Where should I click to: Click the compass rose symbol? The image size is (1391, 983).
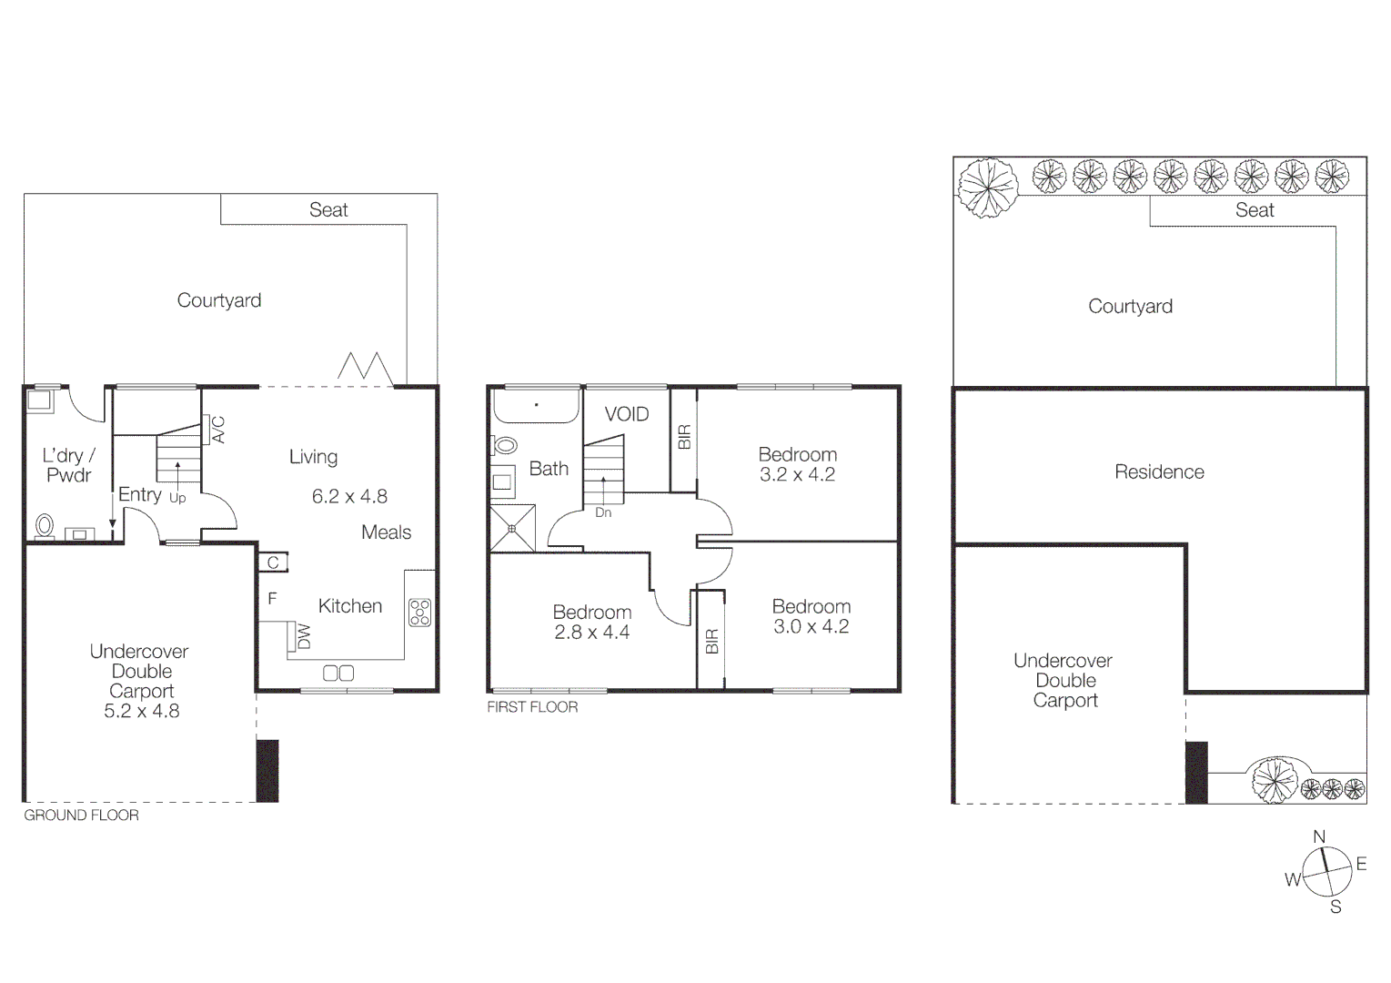click(1326, 872)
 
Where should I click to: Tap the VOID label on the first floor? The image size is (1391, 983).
click(627, 415)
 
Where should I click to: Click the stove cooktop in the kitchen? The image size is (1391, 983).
click(419, 613)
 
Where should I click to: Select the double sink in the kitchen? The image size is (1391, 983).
click(338, 674)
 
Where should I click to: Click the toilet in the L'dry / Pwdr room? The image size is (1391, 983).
click(44, 526)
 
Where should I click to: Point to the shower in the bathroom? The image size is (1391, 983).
click(512, 528)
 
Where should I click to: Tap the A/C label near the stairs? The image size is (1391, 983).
click(218, 430)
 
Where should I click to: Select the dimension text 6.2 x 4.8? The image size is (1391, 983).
click(349, 497)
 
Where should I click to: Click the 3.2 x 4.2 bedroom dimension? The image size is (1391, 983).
click(797, 475)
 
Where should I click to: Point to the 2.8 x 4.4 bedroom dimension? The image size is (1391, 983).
click(591, 633)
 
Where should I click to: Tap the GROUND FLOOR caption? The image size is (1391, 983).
click(81, 816)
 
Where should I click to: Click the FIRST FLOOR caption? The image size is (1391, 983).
click(532, 707)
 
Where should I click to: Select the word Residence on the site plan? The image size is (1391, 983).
click(1159, 472)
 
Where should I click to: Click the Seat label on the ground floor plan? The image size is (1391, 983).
click(328, 210)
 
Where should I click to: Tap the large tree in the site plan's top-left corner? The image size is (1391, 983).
click(987, 187)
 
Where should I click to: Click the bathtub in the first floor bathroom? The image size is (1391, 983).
click(537, 406)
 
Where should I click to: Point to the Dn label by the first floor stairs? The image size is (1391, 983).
click(603, 513)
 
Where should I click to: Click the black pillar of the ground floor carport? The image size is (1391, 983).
click(267, 771)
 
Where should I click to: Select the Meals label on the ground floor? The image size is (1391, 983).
click(386, 532)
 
